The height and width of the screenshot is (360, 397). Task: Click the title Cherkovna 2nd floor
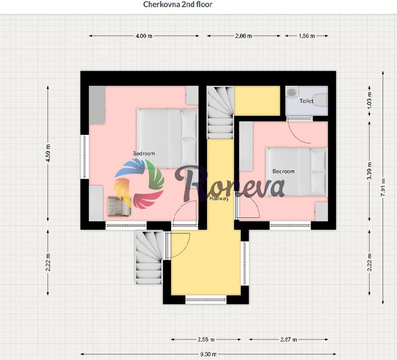pos(178,4)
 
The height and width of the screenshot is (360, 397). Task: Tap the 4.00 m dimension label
pos(144,36)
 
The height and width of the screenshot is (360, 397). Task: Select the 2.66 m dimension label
pos(244,36)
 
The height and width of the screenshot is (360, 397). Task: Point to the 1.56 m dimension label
pos(306,36)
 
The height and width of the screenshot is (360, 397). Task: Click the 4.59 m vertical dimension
pos(48,153)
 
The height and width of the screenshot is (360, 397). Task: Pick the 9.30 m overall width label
pos(209,354)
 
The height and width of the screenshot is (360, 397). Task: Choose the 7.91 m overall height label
pos(383,187)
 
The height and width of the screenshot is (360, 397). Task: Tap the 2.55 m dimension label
pos(206,339)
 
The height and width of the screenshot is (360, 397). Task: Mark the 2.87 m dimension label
pos(289,339)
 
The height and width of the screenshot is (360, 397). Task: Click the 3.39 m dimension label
pos(369,171)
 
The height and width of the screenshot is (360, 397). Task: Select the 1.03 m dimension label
pos(369,100)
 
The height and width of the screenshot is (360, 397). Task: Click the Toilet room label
pos(306,101)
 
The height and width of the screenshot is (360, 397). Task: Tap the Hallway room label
pos(219,198)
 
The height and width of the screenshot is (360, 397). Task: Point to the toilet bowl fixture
pos(320,100)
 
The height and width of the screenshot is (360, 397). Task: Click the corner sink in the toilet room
pos(292,92)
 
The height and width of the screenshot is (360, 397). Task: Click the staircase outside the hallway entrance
pos(149,257)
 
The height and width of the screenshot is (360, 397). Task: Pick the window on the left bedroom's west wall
pos(84,157)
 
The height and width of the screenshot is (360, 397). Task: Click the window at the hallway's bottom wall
pos(206,300)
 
